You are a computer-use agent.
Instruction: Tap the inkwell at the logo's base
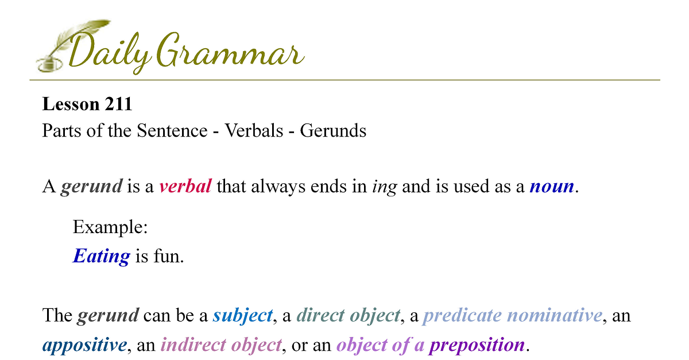(x=49, y=65)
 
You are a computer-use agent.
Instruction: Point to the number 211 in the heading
(x=118, y=104)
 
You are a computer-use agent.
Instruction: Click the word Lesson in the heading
(x=71, y=104)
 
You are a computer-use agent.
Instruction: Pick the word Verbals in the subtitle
(x=254, y=130)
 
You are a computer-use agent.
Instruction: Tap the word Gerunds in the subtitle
(x=333, y=130)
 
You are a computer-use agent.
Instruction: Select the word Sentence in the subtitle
(x=172, y=130)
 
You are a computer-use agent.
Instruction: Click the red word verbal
(x=185, y=186)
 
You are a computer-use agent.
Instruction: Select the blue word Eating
(x=102, y=256)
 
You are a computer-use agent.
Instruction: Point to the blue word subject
(x=243, y=316)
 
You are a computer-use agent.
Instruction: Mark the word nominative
(x=555, y=315)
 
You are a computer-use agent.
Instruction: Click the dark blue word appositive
(x=84, y=345)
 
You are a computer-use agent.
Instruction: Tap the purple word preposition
(x=477, y=345)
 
